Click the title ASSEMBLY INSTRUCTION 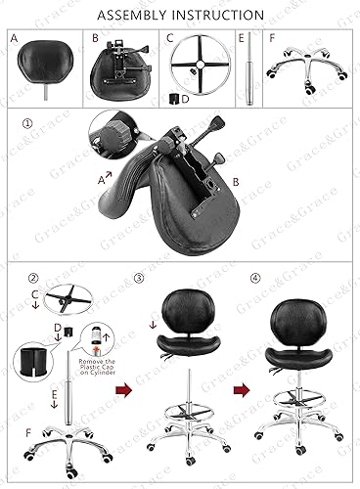point(180,15)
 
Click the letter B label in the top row point(95,39)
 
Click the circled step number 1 point(28,125)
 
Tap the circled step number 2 point(33,278)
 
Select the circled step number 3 point(139,278)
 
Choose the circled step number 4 point(255,278)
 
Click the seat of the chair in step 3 point(182,358)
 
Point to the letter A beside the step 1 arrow point(101,181)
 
